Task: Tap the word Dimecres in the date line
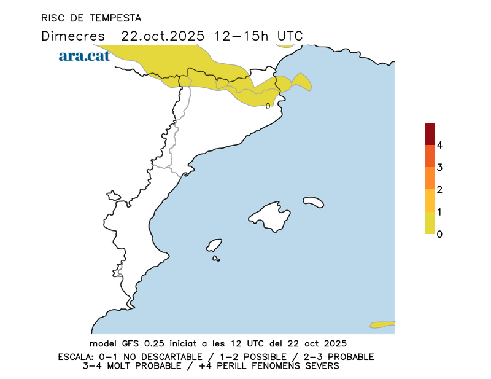pyautogui.click(x=73, y=36)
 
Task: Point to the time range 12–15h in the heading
pyautogui.click(x=241, y=36)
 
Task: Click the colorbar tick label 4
pyautogui.click(x=439, y=145)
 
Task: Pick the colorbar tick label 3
pyautogui.click(x=439, y=167)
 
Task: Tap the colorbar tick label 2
pyautogui.click(x=439, y=189)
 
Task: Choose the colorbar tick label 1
pyautogui.click(x=439, y=211)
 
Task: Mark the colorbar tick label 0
pyautogui.click(x=439, y=233)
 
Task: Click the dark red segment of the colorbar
pyautogui.click(x=430, y=134)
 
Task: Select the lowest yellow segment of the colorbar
pyautogui.click(x=430, y=222)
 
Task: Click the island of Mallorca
pyautogui.click(x=271, y=216)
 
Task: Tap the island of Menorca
pyautogui.click(x=314, y=201)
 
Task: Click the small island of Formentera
pyautogui.click(x=216, y=259)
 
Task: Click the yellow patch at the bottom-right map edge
pyautogui.click(x=383, y=324)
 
